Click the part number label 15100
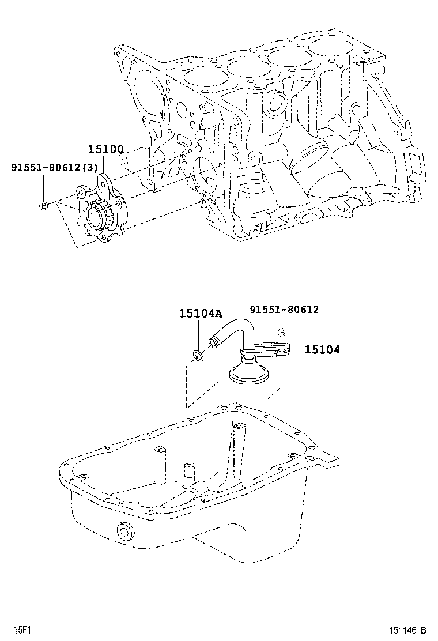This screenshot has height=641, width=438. pos(105,149)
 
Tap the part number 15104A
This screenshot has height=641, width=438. pos(200,314)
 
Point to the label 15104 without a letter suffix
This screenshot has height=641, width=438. pos(322,349)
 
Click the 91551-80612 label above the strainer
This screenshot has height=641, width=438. pos(284,310)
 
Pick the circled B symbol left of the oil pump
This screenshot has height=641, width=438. pos(43,206)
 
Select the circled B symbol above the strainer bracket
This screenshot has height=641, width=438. pos(282,332)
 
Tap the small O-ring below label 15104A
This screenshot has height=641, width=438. pos(197,357)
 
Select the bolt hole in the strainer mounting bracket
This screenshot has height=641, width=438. pos(281,349)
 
